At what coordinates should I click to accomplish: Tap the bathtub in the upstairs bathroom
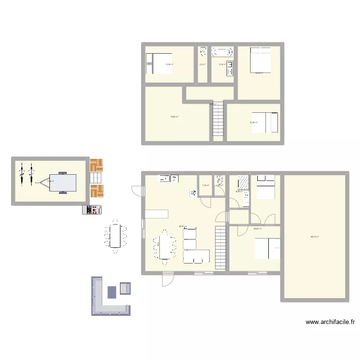point(222,51)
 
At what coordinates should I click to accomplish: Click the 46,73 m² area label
point(315,236)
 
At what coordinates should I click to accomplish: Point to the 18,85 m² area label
point(174,116)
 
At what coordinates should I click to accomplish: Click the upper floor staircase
point(218,120)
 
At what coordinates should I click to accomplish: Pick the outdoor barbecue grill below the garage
point(93,209)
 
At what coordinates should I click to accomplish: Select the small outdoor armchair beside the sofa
point(126,288)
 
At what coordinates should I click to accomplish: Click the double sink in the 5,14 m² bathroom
point(230,68)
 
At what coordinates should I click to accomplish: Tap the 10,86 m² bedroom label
point(169,64)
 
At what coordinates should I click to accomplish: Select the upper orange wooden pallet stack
point(96,165)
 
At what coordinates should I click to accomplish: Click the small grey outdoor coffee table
point(112,292)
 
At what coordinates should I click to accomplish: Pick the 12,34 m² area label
point(253,122)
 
